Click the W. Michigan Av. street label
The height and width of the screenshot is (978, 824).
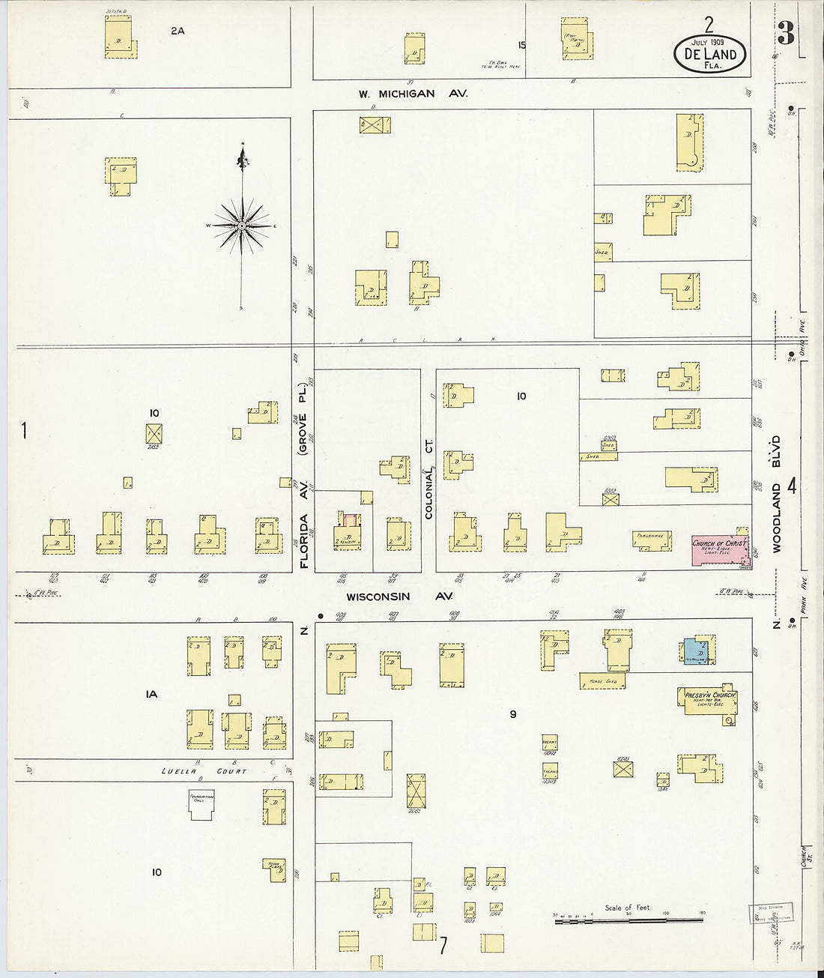412,94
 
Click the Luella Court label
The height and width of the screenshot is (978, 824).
204,771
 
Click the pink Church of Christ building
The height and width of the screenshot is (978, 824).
718,550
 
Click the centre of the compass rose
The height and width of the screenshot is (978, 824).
242,225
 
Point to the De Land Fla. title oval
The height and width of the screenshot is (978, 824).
710,53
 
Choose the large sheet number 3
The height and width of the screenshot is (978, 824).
785,33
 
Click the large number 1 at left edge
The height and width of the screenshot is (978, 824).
24,430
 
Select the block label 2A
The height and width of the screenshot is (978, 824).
177,31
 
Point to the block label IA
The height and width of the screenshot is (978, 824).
151,695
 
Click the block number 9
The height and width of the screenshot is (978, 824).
513,714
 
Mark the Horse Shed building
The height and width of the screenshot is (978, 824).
602,680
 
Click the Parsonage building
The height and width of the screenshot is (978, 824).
651,540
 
